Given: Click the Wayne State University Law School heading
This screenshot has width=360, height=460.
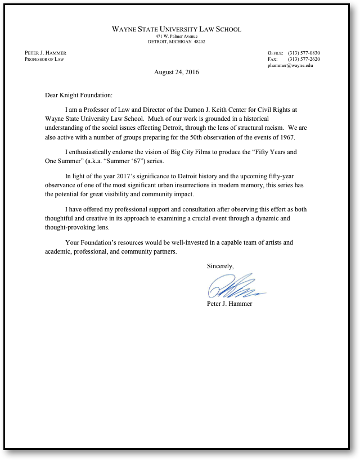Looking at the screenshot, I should coord(176,29).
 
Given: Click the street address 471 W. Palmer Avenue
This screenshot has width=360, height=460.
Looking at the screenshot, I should coord(176,36).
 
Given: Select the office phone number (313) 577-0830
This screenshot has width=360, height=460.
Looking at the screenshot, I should coord(304,53).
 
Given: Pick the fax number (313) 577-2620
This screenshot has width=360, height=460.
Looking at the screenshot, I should coord(304,59).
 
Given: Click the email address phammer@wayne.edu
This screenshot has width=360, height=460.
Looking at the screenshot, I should coord(290,65).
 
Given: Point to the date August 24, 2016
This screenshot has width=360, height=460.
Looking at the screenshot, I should coord(176,72).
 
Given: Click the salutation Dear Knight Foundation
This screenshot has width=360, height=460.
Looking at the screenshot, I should coord(79,95).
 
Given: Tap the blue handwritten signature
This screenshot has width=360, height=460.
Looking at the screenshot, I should coord(233,287).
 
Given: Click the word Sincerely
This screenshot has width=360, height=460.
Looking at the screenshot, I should coord(220,265).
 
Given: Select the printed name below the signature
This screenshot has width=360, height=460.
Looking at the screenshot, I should coord(229,304).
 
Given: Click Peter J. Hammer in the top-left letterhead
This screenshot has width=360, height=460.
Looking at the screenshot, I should coord(46,53).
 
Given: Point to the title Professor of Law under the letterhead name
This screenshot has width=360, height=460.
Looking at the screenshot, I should coord(44,59).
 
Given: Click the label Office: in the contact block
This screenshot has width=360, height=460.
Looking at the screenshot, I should coord(275,53).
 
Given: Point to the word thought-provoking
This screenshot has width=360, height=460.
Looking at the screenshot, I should coord(72,227).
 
